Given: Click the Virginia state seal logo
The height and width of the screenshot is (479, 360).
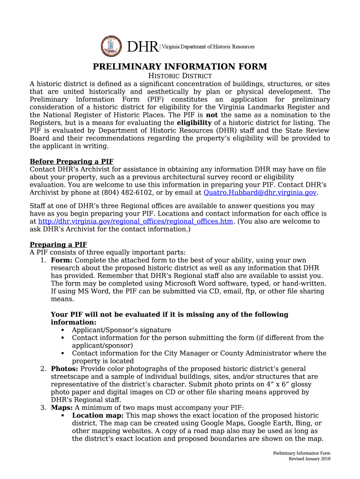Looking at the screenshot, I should click(x=111, y=46).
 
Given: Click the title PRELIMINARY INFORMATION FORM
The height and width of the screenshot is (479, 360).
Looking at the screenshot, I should click(x=180, y=66).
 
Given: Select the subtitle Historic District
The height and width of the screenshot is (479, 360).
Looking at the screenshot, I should click(x=180, y=76).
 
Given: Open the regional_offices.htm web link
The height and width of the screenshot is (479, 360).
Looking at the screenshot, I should click(x=136, y=221).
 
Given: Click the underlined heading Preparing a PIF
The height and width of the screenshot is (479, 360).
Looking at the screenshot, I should click(x=58, y=245).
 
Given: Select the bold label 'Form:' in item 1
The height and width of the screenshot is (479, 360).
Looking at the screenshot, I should click(x=61, y=260).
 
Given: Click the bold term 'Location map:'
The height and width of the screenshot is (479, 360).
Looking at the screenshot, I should click(x=98, y=415).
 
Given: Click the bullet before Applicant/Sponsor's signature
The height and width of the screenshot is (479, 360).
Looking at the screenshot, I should click(x=62, y=330).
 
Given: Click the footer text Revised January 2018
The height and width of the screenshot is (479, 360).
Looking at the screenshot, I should click(x=309, y=459).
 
